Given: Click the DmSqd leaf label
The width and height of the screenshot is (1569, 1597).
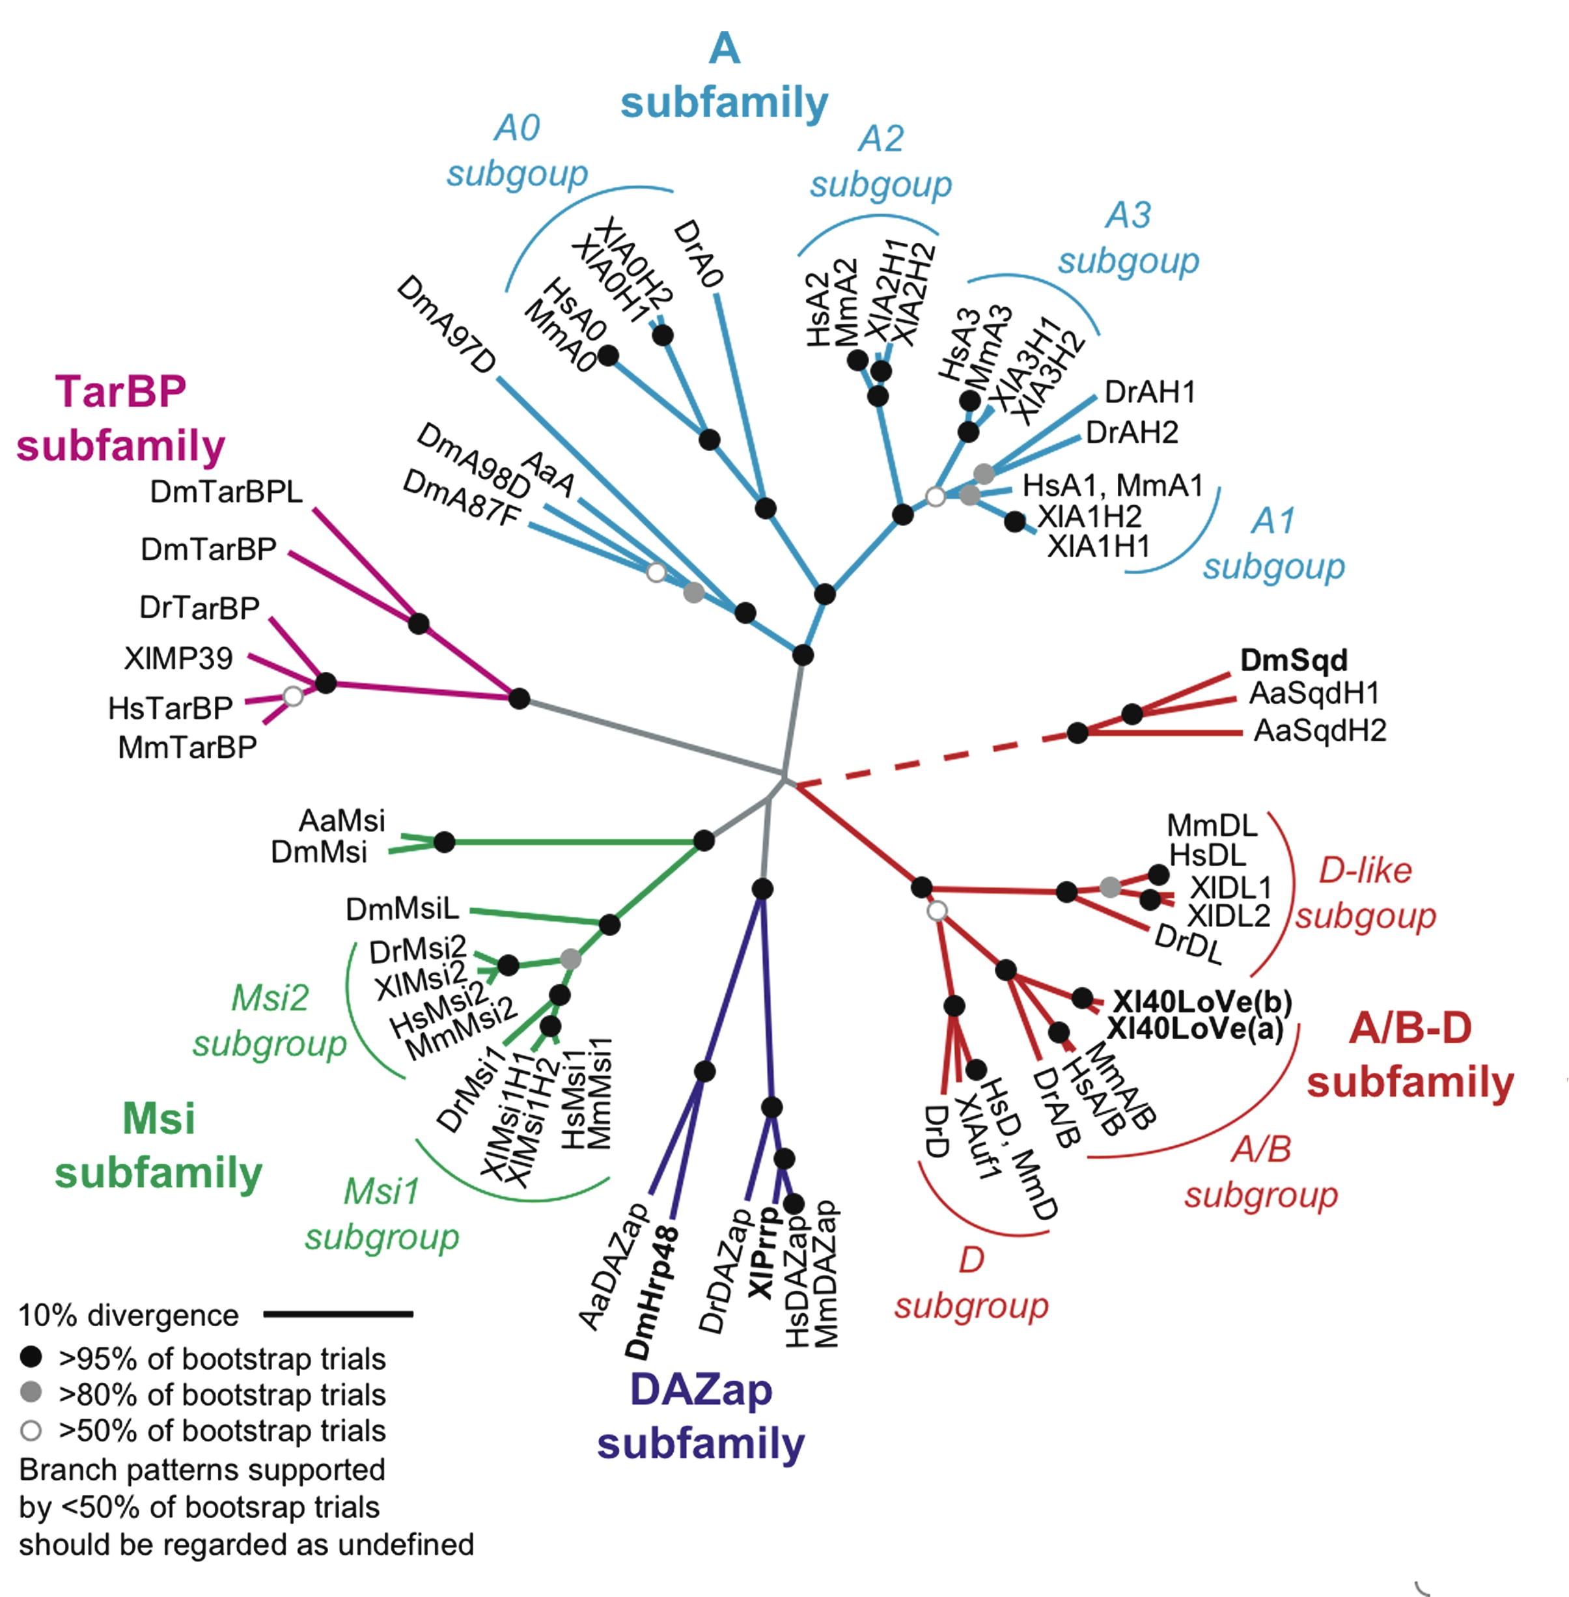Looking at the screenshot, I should point(1294,660).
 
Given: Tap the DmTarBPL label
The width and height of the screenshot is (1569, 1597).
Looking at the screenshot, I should point(226,492).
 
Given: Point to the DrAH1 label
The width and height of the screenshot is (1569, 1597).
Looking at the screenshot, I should point(1150,392).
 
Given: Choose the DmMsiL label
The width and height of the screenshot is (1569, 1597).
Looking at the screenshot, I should point(402,909).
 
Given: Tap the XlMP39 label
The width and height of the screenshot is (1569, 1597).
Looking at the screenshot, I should point(178,658).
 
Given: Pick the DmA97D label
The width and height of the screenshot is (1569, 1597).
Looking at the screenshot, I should point(446,325).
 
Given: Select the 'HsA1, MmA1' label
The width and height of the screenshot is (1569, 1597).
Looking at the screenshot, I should point(1113,486).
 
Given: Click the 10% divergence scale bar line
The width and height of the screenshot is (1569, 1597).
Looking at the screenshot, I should point(338,1314).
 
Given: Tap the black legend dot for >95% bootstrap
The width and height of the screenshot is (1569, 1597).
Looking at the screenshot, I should point(31,1356).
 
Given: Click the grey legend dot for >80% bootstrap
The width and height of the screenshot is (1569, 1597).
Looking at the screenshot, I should point(31,1393).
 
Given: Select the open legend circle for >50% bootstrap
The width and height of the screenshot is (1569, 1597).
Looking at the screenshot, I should point(31,1430).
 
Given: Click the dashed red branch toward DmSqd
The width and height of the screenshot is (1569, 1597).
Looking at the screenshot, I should point(931,760).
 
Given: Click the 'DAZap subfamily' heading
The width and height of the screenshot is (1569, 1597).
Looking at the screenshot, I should point(701,1417).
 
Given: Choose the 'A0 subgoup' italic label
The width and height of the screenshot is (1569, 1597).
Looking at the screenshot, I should point(518,151).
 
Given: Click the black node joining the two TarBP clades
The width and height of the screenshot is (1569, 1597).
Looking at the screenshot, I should point(519,699).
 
